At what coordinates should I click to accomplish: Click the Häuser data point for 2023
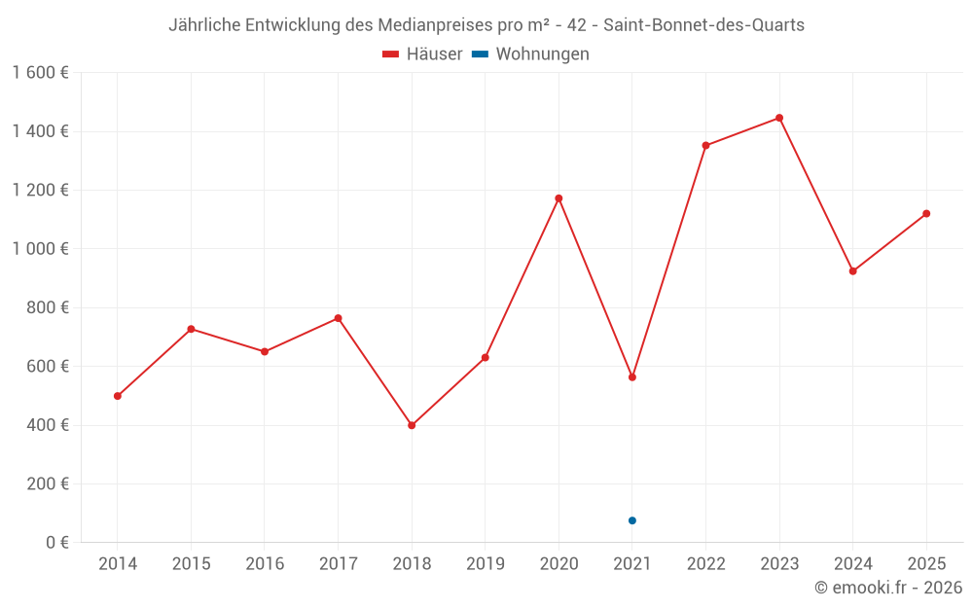(x=779, y=118)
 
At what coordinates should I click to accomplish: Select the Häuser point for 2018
(x=412, y=425)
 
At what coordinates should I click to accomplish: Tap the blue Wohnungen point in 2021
(x=632, y=520)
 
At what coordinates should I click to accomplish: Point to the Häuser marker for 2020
(x=559, y=198)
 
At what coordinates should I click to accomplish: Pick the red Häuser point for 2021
(x=632, y=376)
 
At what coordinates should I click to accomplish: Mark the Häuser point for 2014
(x=118, y=396)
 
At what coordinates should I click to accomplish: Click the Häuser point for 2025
(x=926, y=214)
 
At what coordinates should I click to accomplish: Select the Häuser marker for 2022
(x=705, y=146)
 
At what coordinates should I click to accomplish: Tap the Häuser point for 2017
(x=338, y=318)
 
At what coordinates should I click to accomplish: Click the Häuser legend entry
(x=423, y=54)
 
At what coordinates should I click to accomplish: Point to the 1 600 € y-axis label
(x=40, y=73)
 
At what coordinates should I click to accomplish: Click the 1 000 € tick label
(x=40, y=249)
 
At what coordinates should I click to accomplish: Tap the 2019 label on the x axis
(x=486, y=564)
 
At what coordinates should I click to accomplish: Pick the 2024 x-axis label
(x=853, y=564)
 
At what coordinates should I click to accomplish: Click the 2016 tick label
(x=265, y=564)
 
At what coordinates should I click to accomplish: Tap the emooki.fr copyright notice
(x=887, y=588)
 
